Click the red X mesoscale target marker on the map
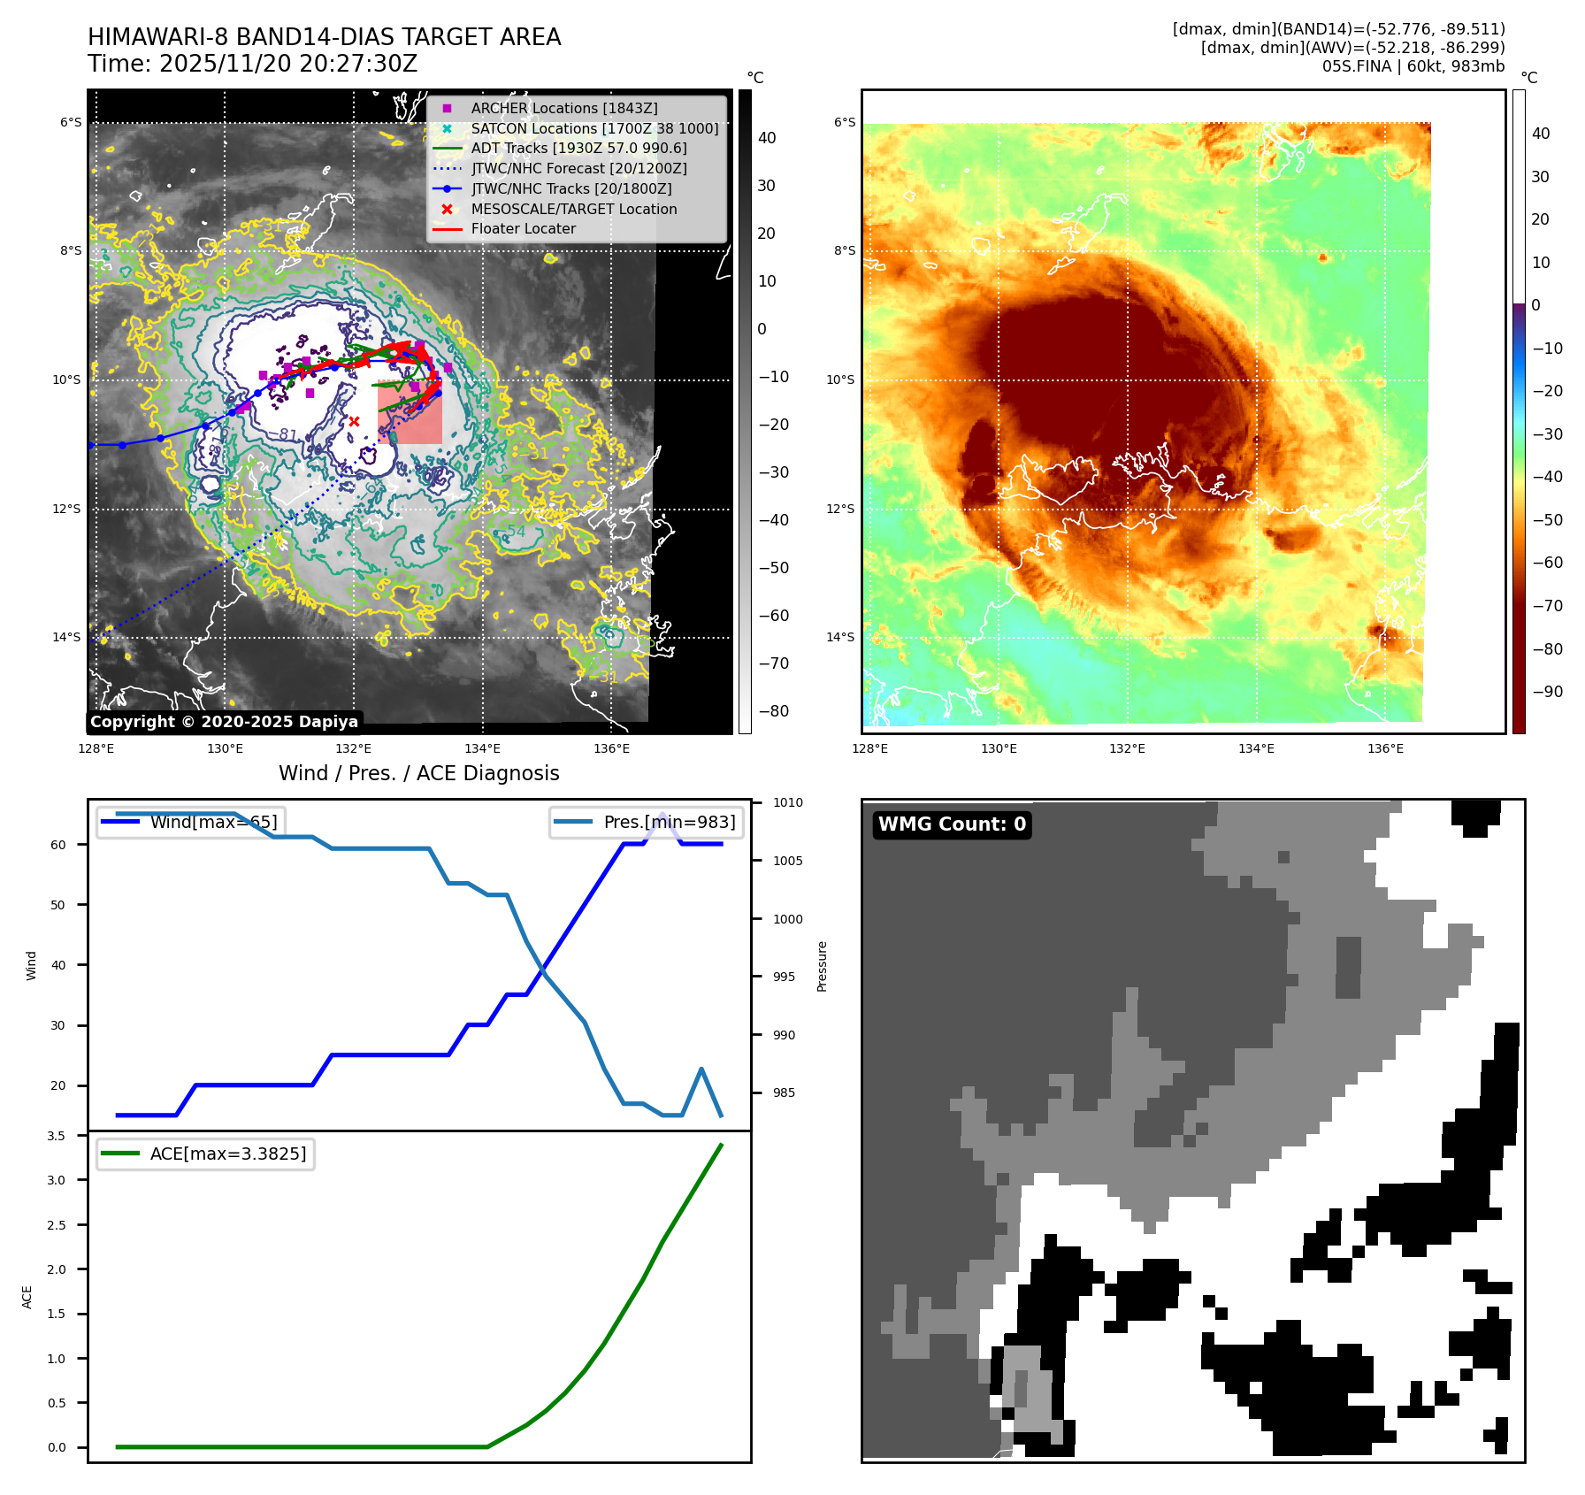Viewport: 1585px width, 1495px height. pos(354,422)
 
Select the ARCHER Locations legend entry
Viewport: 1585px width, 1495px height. pos(563,108)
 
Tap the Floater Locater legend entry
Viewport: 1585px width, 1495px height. pos(523,228)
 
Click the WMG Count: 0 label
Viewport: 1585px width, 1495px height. pos(952,824)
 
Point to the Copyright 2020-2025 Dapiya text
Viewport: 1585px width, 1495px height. pos(224,722)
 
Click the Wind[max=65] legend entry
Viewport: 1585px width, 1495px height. pos(213,822)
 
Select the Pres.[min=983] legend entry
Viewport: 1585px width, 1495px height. pos(669,822)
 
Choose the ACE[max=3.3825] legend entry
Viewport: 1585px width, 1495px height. pos(227,1154)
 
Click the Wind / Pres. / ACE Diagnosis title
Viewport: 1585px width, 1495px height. pos(418,773)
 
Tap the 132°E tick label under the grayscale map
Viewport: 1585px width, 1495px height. pos(354,748)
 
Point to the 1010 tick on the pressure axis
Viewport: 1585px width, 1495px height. pos(787,803)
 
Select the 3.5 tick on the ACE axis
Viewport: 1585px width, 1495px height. pos(57,1136)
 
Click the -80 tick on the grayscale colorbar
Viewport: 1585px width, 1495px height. pos(773,711)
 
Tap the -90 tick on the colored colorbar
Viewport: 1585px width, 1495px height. pos(1547,692)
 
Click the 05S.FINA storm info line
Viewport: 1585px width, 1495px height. pos(1413,66)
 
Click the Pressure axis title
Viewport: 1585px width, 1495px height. pos(822,966)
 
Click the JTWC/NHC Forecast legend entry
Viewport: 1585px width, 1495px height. pos(578,168)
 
